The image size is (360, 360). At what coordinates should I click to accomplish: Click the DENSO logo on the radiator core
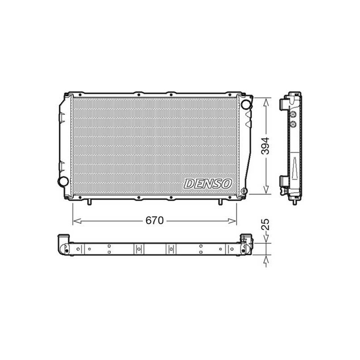pyautogui.click(x=208, y=184)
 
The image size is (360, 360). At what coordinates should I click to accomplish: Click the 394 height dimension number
pyautogui.click(x=265, y=146)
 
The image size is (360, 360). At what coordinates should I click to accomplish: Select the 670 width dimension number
pyautogui.click(x=154, y=220)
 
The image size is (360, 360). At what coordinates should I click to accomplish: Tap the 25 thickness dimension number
pyautogui.click(x=265, y=224)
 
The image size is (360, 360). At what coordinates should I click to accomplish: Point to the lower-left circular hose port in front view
pyautogui.click(x=63, y=181)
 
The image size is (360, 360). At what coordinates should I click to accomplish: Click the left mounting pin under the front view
pyautogui.click(x=89, y=202)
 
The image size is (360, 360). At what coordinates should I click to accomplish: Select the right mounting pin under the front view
pyautogui.click(x=220, y=202)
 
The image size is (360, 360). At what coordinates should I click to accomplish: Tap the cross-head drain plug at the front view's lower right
pyautogui.click(x=244, y=190)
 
